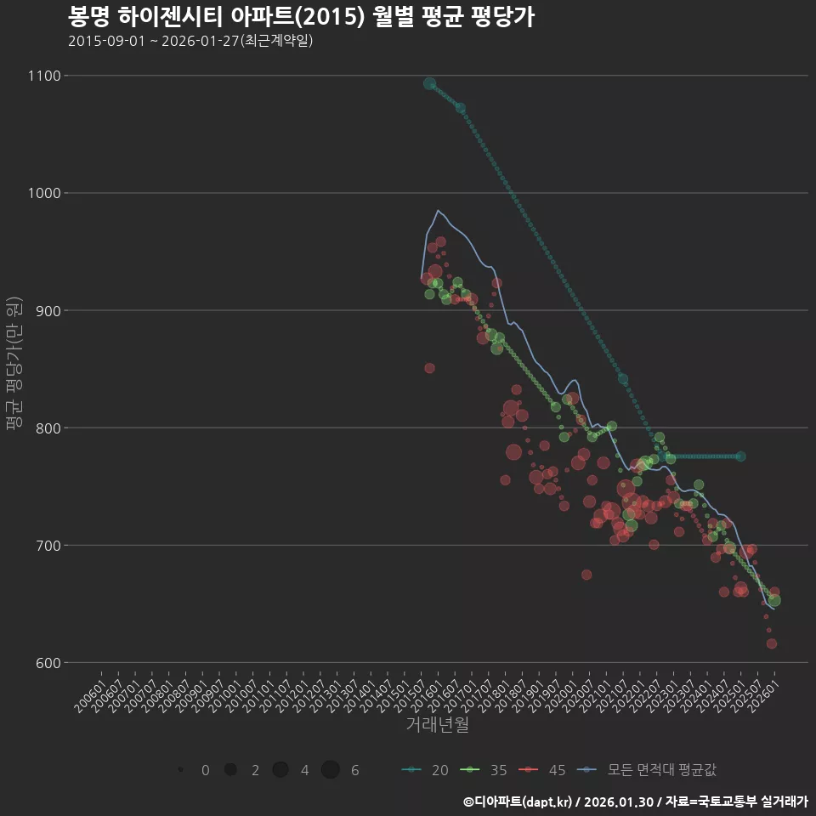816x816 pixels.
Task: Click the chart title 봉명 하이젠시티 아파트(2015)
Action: pyautogui.click(x=301, y=17)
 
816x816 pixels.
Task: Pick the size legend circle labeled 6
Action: pyautogui.click(x=331, y=770)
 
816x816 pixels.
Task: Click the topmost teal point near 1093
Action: pyautogui.click(x=430, y=84)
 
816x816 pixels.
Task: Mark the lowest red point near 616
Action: pyautogui.click(x=772, y=643)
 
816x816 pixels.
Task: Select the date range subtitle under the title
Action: pyautogui.click(x=190, y=41)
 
